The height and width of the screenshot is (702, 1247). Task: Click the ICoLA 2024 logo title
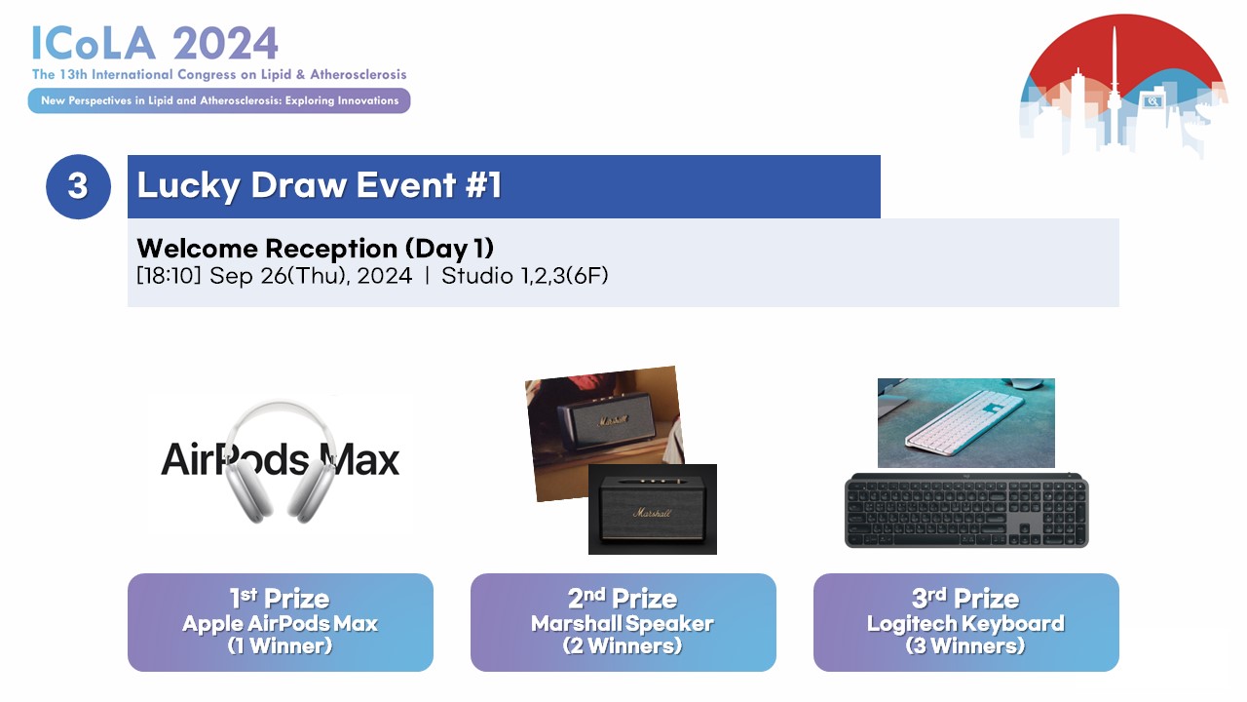click(155, 43)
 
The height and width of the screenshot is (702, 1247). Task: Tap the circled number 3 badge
click(79, 186)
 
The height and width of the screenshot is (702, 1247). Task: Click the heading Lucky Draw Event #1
click(319, 185)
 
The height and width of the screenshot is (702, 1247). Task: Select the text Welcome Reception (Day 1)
click(315, 249)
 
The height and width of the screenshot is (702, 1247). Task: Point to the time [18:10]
click(169, 276)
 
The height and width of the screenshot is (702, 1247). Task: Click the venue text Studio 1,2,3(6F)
click(525, 276)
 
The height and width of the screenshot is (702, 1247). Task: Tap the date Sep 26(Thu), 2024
click(311, 276)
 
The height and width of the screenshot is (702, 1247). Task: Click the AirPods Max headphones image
click(281, 462)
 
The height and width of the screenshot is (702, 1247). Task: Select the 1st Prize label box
click(281, 622)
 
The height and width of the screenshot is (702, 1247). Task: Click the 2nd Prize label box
click(623, 622)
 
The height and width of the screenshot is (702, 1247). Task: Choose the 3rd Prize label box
click(965, 622)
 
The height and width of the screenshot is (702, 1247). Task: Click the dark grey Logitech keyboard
click(966, 510)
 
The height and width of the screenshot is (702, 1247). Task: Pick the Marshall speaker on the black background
click(653, 509)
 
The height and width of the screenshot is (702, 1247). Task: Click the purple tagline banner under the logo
click(219, 100)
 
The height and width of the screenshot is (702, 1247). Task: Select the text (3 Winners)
click(965, 645)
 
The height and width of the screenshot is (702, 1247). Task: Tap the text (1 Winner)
click(280, 645)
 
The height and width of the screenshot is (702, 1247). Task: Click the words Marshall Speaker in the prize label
click(623, 623)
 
